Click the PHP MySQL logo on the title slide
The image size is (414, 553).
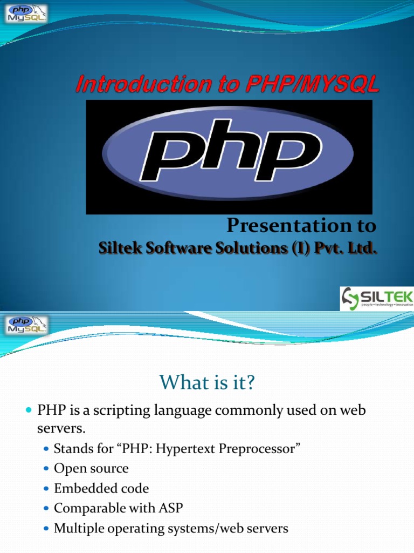(x=26, y=14)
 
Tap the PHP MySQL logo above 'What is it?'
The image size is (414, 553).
(x=26, y=325)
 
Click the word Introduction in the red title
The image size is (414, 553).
(x=143, y=84)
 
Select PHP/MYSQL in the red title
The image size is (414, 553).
(x=312, y=84)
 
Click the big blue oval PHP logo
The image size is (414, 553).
(x=228, y=153)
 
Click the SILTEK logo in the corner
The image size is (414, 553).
(x=377, y=298)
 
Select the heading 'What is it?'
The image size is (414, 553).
(x=207, y=382)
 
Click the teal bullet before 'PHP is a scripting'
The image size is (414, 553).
(x=29, y=410)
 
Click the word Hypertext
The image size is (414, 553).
(x=185, y=449)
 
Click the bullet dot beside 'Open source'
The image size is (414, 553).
(x=46, y=469)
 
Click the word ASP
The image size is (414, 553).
(x=171, y=508)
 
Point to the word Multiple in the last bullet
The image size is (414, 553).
(x=79, y=529)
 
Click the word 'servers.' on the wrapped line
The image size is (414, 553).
(x=61, y=429)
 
